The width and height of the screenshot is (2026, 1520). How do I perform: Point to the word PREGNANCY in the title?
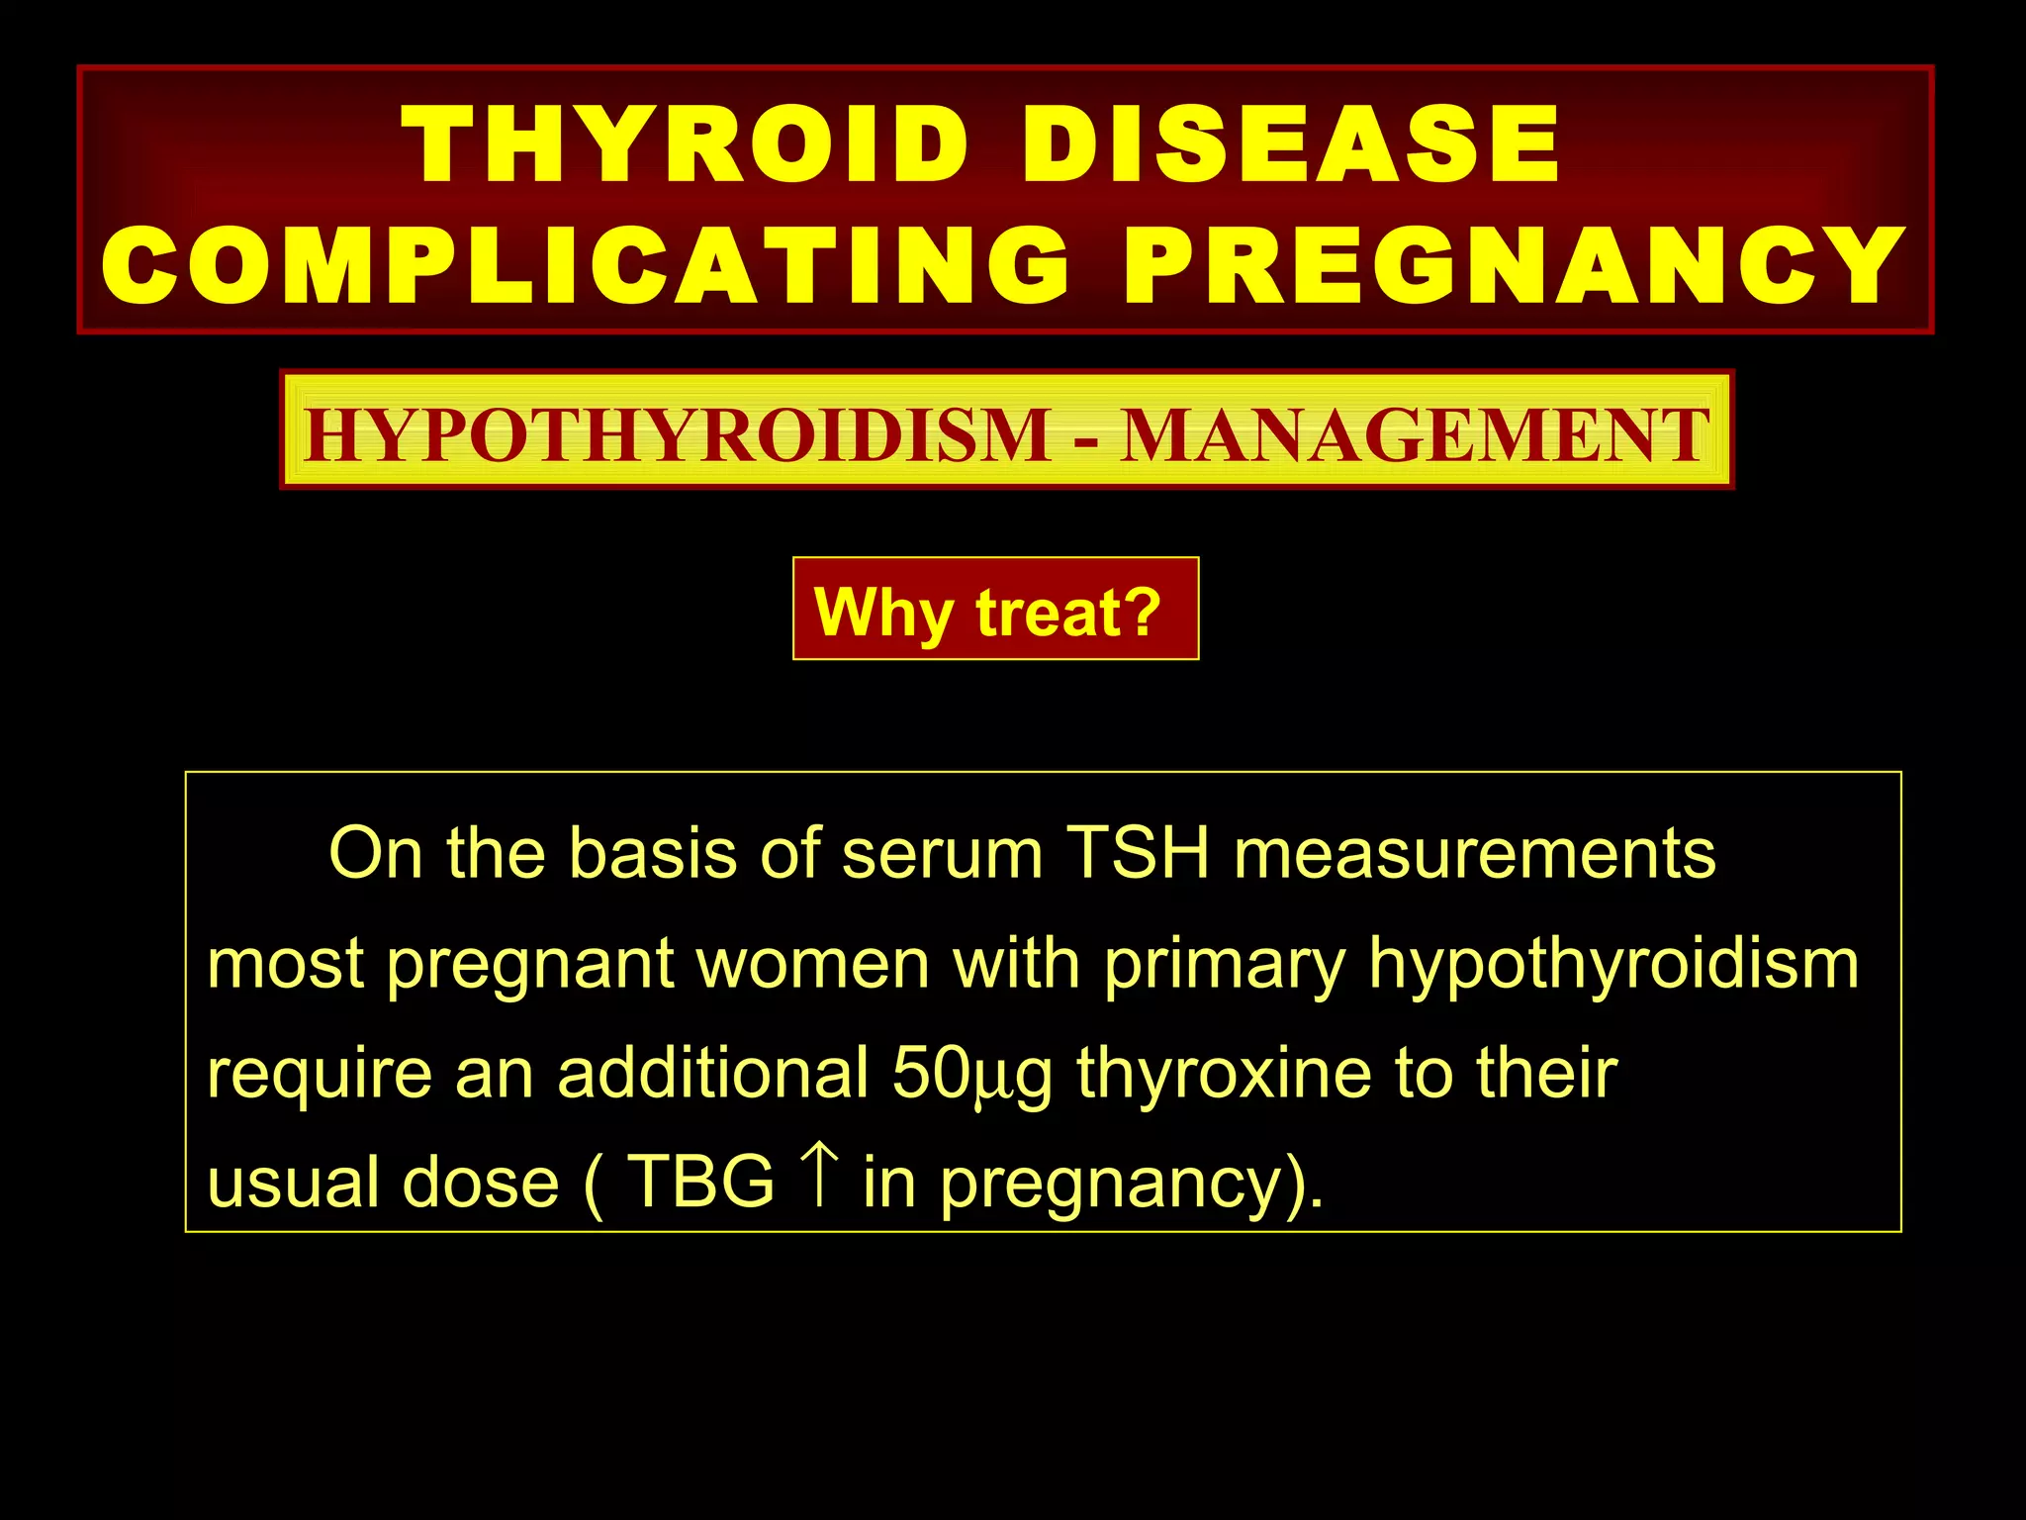[x=1514, y=265]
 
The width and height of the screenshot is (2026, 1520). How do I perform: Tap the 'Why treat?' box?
[x=995, y=610]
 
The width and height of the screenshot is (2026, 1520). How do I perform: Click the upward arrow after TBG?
[x=818, y=1174]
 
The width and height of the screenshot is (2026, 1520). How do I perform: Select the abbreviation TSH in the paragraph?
[x=1139, y=853]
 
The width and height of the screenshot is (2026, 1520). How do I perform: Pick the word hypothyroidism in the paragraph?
[x=1613, y=965]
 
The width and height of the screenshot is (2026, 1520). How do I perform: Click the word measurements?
[x=1474, y=853]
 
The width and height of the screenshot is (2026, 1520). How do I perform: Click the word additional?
[x=712, y=1074]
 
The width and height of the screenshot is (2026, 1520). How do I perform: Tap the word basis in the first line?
[x=652, y=853]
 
